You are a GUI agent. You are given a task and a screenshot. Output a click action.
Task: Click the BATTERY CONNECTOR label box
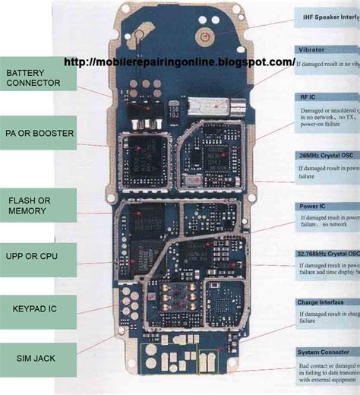tap(38, 78)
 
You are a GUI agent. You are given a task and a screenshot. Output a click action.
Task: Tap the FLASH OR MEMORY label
tap(38, 205)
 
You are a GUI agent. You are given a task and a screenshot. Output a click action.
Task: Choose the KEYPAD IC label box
tap(38, 309)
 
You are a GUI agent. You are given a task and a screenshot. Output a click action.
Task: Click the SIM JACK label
tap(38, 357)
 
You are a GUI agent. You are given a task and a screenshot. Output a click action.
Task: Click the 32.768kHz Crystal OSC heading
tap(327, 254)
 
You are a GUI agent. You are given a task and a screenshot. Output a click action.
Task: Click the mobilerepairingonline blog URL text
tap(178, 62)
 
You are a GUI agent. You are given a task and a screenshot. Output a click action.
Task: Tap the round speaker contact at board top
tap(203, 34)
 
